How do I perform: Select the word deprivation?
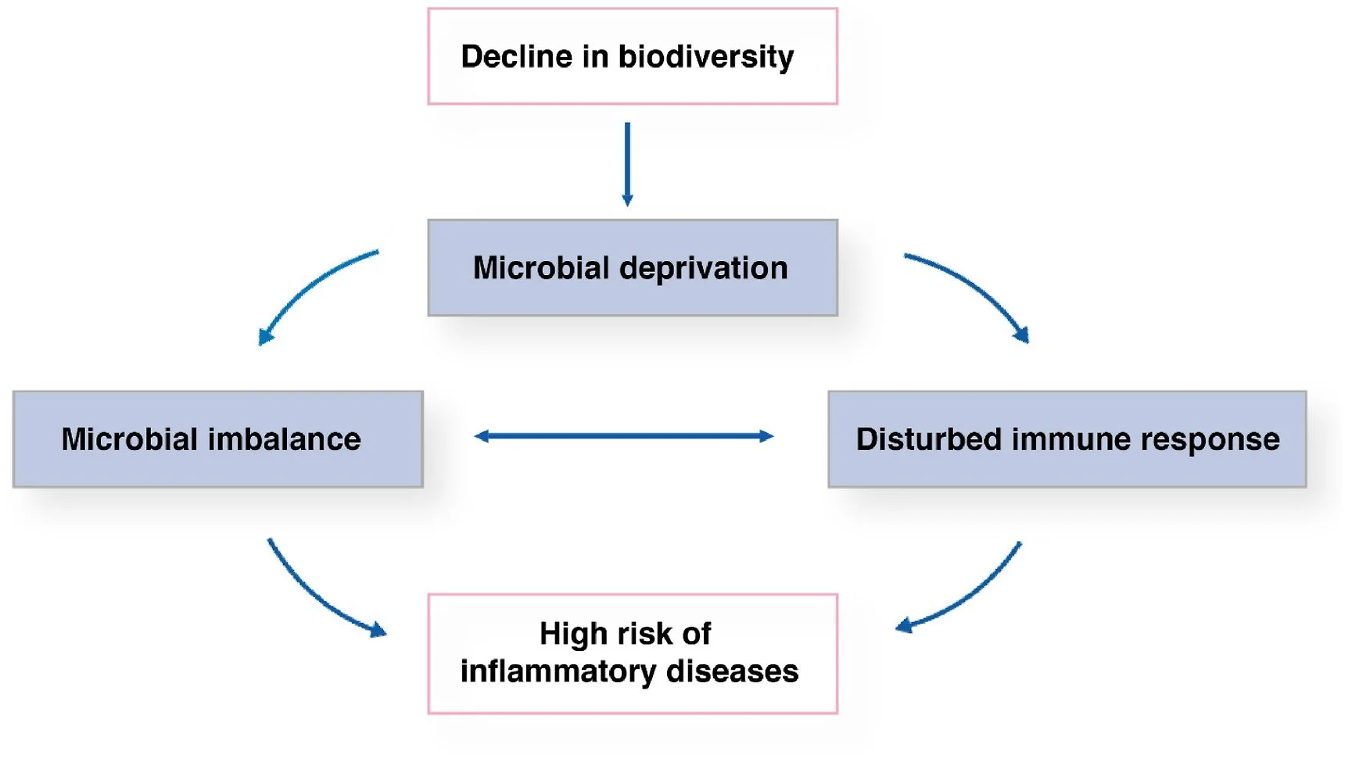pos(703,268)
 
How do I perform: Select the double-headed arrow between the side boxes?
pos(624,436)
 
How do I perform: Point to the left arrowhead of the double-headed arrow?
pos(482,436)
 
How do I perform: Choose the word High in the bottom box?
pos(564,634)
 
